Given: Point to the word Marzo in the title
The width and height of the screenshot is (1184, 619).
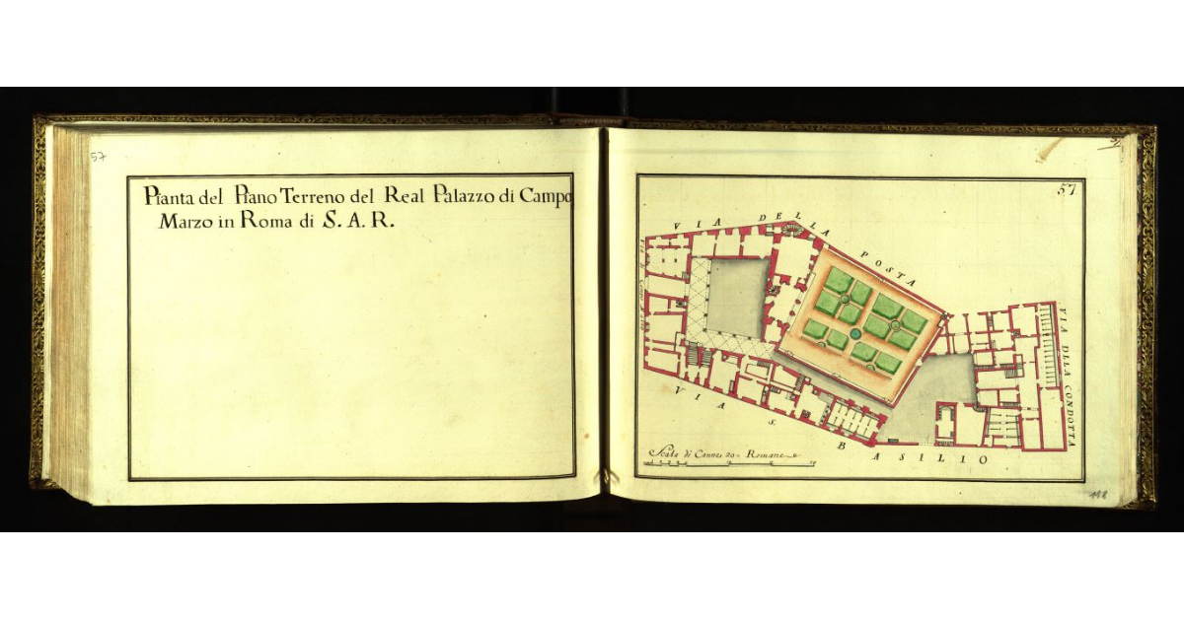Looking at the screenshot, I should (183, 222).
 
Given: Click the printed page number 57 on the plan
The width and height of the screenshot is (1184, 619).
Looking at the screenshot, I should (1067, 190).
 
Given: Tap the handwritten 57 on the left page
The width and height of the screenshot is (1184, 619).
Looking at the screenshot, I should (99, 157).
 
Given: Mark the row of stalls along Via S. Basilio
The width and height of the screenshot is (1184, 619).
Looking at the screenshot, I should (854, 417).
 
